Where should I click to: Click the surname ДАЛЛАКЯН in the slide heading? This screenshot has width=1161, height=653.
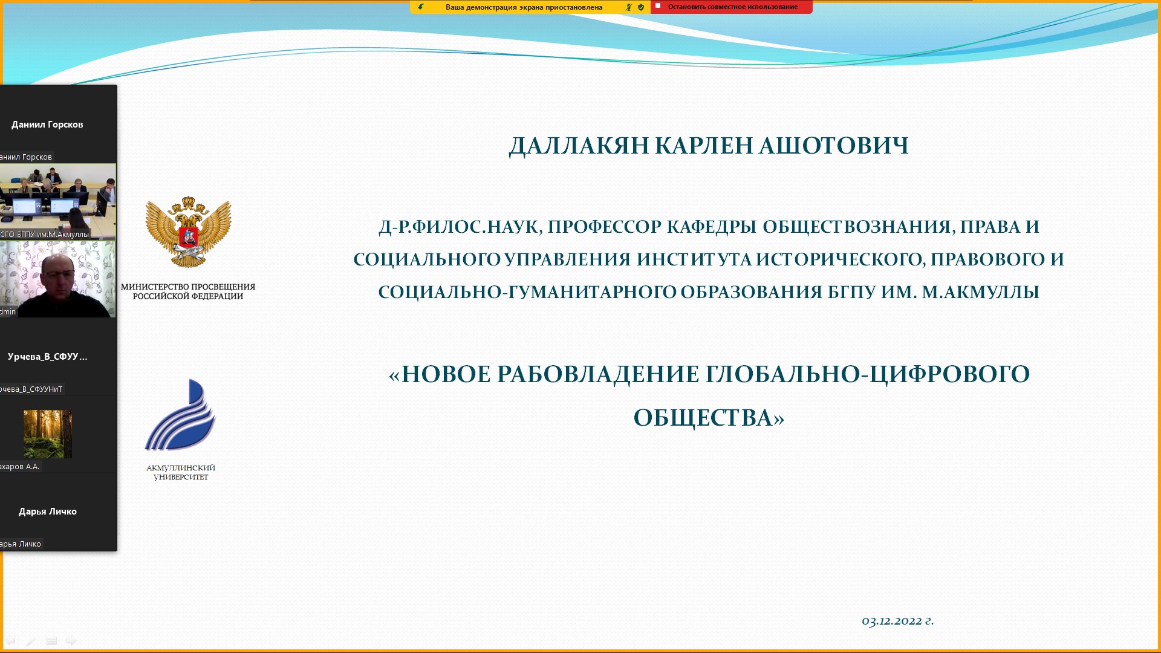[579, 146]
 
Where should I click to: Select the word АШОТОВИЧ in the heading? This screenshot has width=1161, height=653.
[834, 146]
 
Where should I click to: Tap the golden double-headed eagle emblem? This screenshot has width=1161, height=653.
[188, 232]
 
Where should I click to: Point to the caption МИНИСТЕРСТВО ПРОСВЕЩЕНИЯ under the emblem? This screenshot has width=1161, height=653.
[188, 287]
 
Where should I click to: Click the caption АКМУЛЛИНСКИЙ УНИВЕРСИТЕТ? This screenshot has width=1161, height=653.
[181, 472]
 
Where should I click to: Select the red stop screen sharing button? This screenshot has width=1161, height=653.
[732, 7]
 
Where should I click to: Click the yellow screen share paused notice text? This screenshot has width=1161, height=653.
[524, 7]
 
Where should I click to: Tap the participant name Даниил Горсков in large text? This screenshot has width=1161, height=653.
[47, 125]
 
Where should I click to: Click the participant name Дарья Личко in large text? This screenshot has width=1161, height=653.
[48, 512]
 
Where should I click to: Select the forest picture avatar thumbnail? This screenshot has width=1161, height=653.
[48, 434]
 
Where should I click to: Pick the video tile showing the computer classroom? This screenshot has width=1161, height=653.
[58, 201]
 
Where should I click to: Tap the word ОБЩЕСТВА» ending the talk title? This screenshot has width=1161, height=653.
[709, 418]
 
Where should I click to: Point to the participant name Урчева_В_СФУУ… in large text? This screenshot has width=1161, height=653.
[47, 357]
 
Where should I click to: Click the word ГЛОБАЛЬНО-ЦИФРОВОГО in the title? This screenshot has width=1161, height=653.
[868, 374]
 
